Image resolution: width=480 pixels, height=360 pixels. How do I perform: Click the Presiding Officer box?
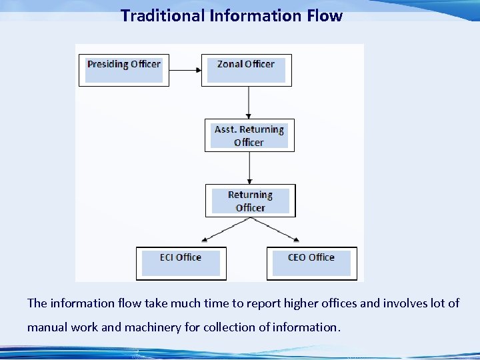coord(124,69)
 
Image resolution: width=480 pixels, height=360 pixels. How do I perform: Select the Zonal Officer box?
coord(246,69)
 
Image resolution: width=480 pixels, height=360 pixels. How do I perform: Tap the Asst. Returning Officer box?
coord(249,135)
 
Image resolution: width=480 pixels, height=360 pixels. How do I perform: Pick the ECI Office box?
coord(181,263)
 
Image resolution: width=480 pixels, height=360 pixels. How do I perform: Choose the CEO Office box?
coord(311,263)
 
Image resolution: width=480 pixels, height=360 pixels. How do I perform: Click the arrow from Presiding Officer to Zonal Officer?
coord(185,69)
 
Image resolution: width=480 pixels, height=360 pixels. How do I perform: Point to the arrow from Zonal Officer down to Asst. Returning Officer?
coord(249,102)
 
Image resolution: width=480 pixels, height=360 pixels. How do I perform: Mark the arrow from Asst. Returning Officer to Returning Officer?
coord(249,167)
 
